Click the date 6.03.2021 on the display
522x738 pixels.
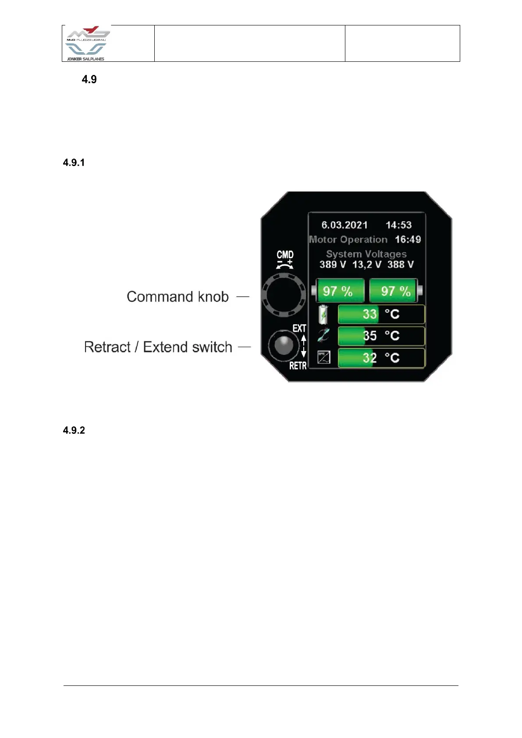click(x=344, y=225)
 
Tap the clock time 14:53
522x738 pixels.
click(x=398, y=225)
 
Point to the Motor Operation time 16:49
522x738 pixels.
click(x=408, y=240)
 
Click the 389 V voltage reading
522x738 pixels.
click(x=333, y=265)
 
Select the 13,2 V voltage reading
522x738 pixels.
click(x=367, y=265)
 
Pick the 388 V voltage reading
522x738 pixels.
click(x=401, y=265)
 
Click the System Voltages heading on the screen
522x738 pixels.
click(x=366, y=254)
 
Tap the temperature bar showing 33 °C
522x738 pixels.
click(x=381, y=314)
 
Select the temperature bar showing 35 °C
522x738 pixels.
click(x=381, y=336)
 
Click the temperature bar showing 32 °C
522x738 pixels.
click(x=381, y=358)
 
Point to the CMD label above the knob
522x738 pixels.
click(x=285, y=255)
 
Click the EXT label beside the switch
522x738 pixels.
click(x=299, y=329)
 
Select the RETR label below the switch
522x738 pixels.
click(x=298, y=365)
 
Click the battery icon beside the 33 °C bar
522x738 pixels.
click(x=323, y=315)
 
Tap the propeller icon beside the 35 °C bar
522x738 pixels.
click(x=323, y=336)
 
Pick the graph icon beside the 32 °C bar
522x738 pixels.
click(x=323, y=358)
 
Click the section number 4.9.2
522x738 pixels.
click(x=74, y=430)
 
